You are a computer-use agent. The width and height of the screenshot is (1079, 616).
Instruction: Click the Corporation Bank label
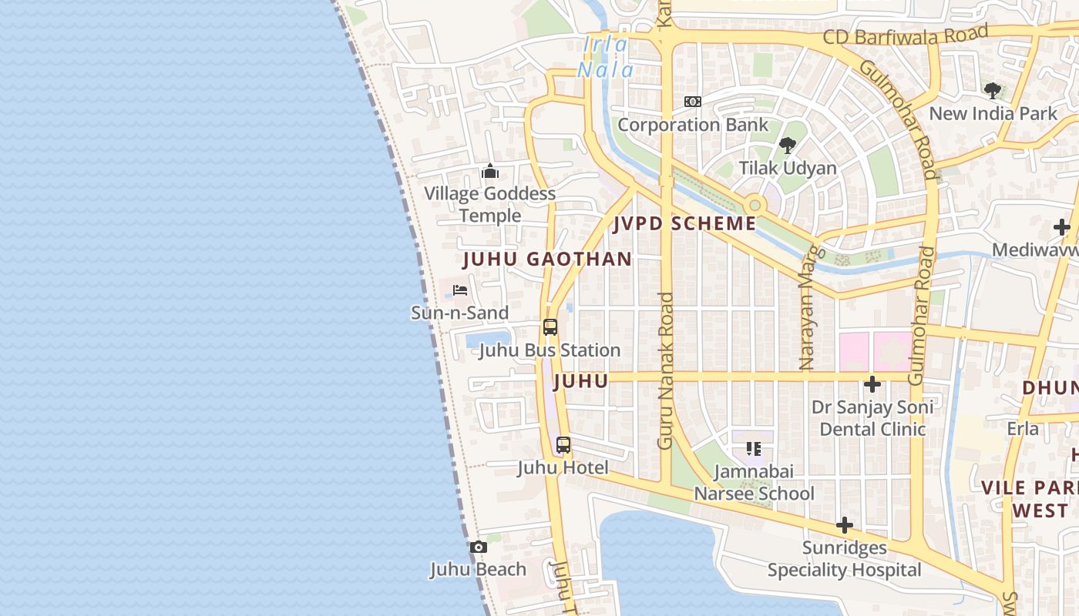pos(693,125)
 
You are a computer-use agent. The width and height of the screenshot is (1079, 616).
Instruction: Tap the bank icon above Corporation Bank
pos(693,102)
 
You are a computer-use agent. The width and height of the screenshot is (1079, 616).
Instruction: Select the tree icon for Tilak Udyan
pos(787,145)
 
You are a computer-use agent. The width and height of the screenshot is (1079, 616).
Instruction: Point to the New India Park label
pos(993,114)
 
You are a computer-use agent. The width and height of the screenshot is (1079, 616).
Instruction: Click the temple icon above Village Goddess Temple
pos(490,171)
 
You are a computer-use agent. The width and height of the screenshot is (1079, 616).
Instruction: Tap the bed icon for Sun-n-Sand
pos(460,290)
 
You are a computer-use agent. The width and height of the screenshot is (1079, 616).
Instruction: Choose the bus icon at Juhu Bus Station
pos(550,326)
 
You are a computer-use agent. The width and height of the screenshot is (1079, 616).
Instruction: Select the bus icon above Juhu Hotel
pos(563,445)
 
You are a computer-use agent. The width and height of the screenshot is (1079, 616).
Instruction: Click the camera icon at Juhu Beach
pos(479,547)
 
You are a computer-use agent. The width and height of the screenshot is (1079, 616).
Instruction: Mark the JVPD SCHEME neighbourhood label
pos(685,224)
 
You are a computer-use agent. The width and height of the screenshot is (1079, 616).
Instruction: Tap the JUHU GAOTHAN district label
pos(547,259)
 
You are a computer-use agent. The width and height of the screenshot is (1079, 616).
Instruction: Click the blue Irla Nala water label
pos(606,58)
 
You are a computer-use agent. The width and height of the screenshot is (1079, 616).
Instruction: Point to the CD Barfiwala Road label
pos(905,35)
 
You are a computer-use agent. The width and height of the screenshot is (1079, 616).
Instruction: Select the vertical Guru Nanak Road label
pos(666,370)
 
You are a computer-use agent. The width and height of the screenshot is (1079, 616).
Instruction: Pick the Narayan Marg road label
pos(807,309)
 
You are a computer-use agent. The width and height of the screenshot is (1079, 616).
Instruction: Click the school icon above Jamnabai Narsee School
pos(753,448)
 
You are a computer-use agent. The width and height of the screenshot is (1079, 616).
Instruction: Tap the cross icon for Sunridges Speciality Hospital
pos(845,526)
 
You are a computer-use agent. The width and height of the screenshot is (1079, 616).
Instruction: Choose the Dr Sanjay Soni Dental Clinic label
pos(872,418)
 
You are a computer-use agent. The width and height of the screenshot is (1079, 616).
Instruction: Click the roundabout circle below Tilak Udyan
pos(755,205)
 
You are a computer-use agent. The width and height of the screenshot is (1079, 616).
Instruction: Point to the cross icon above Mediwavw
pos(1062,227)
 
